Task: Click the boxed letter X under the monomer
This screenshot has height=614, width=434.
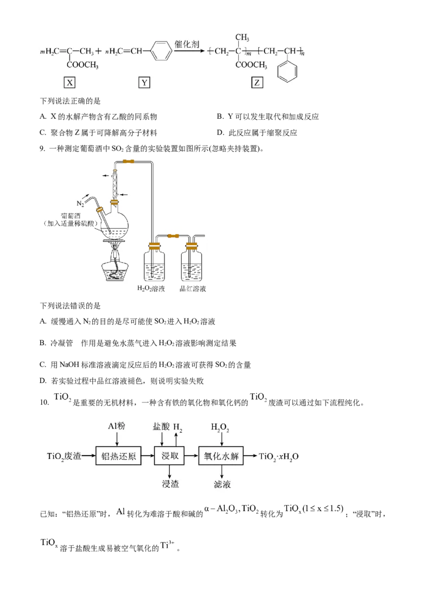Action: [x=70, y=82]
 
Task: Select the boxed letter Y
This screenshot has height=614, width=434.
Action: [x=144, y=82]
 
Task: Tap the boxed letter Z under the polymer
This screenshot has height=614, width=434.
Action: [x=257, y=82]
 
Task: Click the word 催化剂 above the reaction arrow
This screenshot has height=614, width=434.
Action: [x=187, y=44]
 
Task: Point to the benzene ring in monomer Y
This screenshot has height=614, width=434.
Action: [x=161, y=51]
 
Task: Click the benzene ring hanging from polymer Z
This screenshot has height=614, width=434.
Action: [x=288, y=72]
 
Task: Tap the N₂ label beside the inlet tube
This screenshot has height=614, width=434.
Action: [x=80, y=203]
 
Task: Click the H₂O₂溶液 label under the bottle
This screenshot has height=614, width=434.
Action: [x=151, y=289]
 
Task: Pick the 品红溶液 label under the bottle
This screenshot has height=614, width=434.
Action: [x=193, y=289]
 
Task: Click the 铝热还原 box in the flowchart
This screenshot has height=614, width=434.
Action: [x=118, y=456]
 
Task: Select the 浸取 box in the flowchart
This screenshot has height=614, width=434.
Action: [x=169, y=456]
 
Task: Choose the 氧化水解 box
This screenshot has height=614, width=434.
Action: [x=221, y=456]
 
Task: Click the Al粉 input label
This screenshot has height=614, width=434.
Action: [x=116, y=426]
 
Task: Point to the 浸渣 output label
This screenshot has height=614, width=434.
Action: [x=170, y=484]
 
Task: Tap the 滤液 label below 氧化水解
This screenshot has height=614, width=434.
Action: [x=222, y=484]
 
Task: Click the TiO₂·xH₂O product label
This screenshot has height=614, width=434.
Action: [x=278, y=457]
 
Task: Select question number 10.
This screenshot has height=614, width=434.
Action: [x=44, y=402]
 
